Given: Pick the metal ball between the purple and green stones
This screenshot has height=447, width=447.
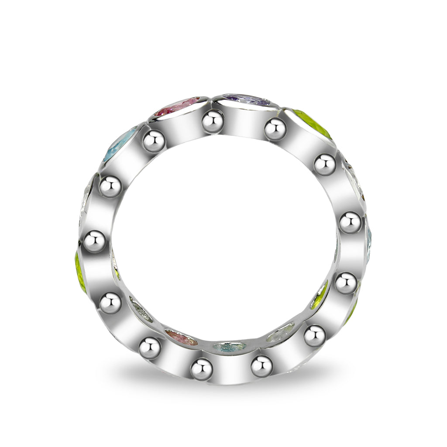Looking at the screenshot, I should (x=275, y=129).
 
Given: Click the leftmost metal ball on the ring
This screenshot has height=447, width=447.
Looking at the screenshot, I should (x=95, y=241).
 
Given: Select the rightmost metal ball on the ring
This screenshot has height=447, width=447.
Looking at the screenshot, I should (x=351, y=223).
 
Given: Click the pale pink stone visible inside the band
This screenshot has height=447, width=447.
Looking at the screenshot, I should (x=181, y=337).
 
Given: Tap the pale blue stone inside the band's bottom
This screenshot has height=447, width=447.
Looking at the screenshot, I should (x=229, y=347).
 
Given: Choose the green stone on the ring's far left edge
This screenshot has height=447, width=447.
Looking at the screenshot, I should (x=80, y=273).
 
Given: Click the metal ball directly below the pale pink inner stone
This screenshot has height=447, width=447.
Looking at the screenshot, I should (x=150, y=348).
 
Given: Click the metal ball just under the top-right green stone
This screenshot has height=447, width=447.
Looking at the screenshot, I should (x=325, y=165).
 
